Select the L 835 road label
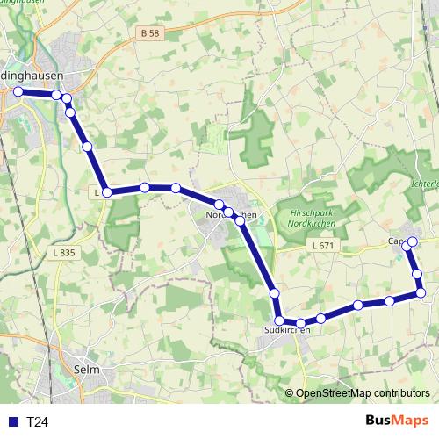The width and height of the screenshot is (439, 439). pyautogui.click(x=64, y=252)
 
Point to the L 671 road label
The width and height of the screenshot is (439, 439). pyautogui.click(x=324, y=247)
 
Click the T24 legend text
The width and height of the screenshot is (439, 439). pyautogui.click(x=36, y=422)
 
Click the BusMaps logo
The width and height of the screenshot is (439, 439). pyautogui.click(x=398, y=421)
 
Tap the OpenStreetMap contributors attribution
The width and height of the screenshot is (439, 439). pyautogui.click(x=363, y=394)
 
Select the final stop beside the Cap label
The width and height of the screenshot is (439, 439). pyautogui.click(x=411, y=241)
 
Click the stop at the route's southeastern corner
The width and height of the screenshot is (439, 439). pyautogui.click(x=420, y=292)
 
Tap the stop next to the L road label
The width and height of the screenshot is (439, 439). pyautogui.click(x=106, y=192)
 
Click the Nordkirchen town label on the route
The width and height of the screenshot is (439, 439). pyautogui.click(x=230, y=215)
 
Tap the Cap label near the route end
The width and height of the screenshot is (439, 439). pyautogui.click(x=394, y=241)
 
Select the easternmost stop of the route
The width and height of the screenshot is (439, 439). pyautogui.click(x=420, y=292)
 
